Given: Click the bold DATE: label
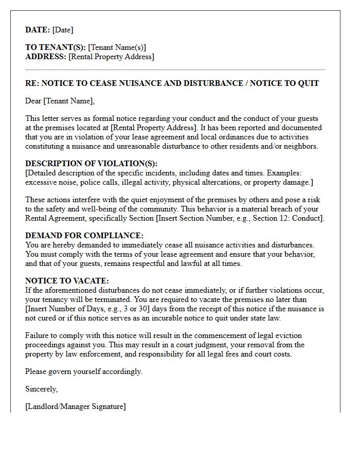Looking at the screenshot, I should (38, 30).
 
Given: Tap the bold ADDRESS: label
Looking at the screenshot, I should (46, 57).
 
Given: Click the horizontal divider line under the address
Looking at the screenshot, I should (175, 70).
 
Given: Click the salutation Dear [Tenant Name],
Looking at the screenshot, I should (60, 101).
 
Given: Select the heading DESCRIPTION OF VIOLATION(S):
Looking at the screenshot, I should (92, 164).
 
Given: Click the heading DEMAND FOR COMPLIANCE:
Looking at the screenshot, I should (84, 236).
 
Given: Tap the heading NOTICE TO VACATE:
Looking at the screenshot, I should (67, 281).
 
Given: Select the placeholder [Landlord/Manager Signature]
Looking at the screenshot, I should (75, 406).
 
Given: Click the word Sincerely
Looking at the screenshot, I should (41, 389).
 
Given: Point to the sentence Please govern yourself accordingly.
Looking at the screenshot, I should (84, 371).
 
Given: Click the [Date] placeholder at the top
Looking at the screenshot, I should (63, 30).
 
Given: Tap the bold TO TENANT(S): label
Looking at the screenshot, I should (56, 47).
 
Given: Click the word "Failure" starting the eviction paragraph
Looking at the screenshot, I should (37, 335).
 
